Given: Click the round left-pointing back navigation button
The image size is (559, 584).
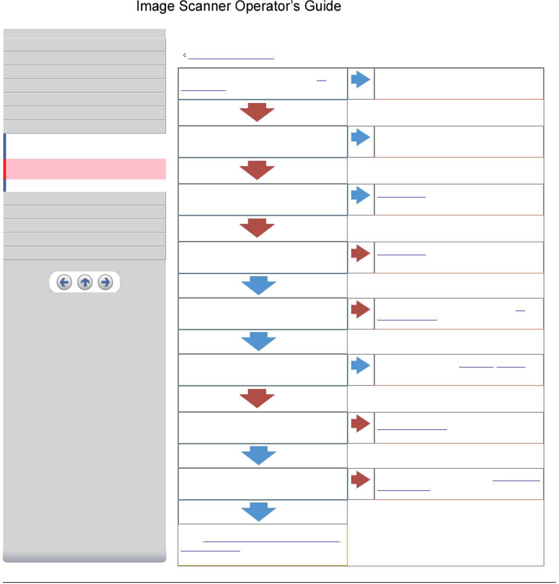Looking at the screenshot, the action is (x=64, y=282).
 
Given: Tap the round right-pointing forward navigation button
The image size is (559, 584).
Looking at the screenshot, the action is (x=106, y=282).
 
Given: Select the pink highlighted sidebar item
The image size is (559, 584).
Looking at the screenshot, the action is (x=86, y=169).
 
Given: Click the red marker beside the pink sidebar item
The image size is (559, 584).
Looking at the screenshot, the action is (x=5, y=169).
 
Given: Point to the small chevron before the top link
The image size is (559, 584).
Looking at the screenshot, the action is (x=184, y=55).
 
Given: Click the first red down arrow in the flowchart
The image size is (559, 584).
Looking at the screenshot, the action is (x=257, y=112).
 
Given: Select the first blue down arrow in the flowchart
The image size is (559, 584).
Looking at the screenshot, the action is (x=259, y=285).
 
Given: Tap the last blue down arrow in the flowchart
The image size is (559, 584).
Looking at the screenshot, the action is (x=259, y=512).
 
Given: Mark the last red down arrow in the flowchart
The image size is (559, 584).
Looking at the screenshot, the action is (x=257, y=399).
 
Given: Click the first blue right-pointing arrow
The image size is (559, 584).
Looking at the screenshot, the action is (x=361, y=79).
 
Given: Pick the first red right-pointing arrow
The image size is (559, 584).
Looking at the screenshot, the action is (x=361, y=253).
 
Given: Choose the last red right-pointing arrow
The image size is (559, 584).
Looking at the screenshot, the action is (x=361, y=479).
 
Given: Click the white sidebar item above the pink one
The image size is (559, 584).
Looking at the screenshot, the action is (x=86, y=146).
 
